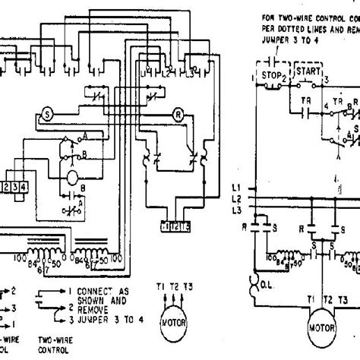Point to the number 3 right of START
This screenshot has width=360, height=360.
(x=327, y=79)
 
